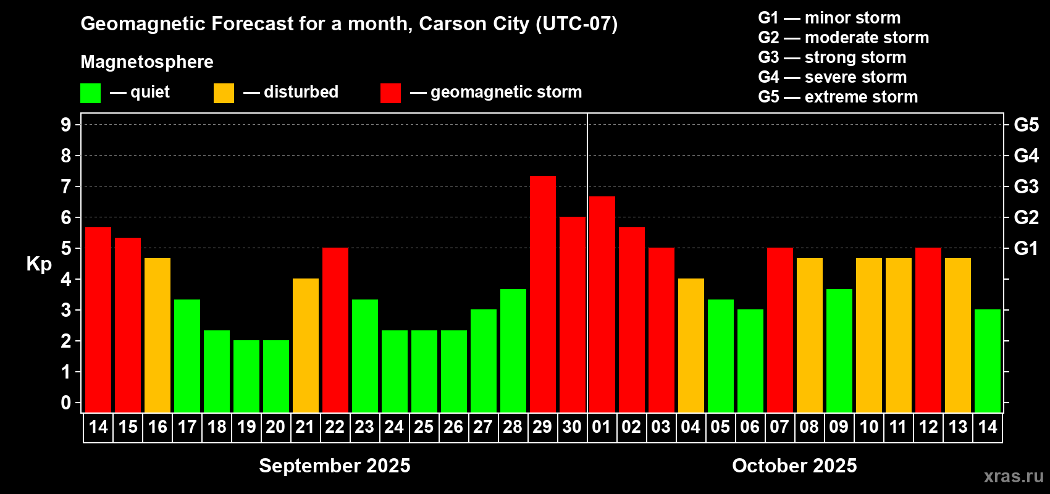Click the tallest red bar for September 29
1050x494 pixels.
point(542,294)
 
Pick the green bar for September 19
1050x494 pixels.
point(246,376)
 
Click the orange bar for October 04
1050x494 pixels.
point(691,345)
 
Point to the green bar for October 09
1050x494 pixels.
point(839,350)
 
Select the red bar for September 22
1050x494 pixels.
point(335,330)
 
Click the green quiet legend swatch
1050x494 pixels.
point(90,93)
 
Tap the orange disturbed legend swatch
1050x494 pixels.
point(224,93)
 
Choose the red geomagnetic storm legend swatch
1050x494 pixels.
point(390,93)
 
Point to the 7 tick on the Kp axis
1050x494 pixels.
point(66,186)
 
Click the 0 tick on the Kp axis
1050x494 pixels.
point(66,403)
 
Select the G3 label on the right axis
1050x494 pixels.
point(1026,186)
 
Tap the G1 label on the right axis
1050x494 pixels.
point(1026,248)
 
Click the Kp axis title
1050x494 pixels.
point(39,264)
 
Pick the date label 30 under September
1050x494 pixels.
point(572,427)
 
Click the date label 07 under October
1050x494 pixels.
point(779,427)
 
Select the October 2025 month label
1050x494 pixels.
point(794,466)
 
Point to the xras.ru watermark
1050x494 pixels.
point(1013,476)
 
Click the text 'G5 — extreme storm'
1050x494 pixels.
point(838,97)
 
